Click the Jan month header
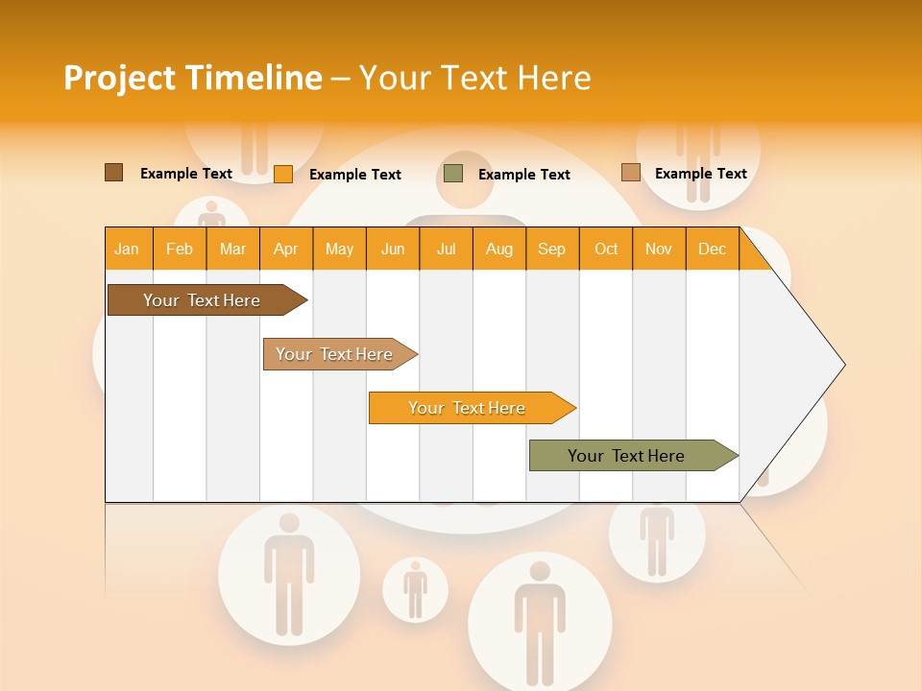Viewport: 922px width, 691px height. (128, 249)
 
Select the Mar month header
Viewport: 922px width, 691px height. (232, 249)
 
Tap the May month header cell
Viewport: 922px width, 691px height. (339, 249)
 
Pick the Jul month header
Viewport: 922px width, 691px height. (446, 249)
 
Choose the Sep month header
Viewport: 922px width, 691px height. (551, 249)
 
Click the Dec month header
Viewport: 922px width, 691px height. (712, 249)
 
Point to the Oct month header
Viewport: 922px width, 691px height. (606, 249)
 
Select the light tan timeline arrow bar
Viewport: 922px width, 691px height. (336, 354)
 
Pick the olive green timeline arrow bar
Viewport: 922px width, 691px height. (629, 456)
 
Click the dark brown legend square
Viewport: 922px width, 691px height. (114, 173)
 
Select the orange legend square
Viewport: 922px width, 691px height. (283, 174)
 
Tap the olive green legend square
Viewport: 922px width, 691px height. (453, 174)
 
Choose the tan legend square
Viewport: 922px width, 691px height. (630, 173)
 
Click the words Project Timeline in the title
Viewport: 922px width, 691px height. (192, 78)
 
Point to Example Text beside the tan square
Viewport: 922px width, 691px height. (700, 174)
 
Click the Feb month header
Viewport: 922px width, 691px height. (180, 249)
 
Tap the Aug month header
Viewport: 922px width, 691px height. (498, 249)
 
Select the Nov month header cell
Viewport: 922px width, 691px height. (659, 249)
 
